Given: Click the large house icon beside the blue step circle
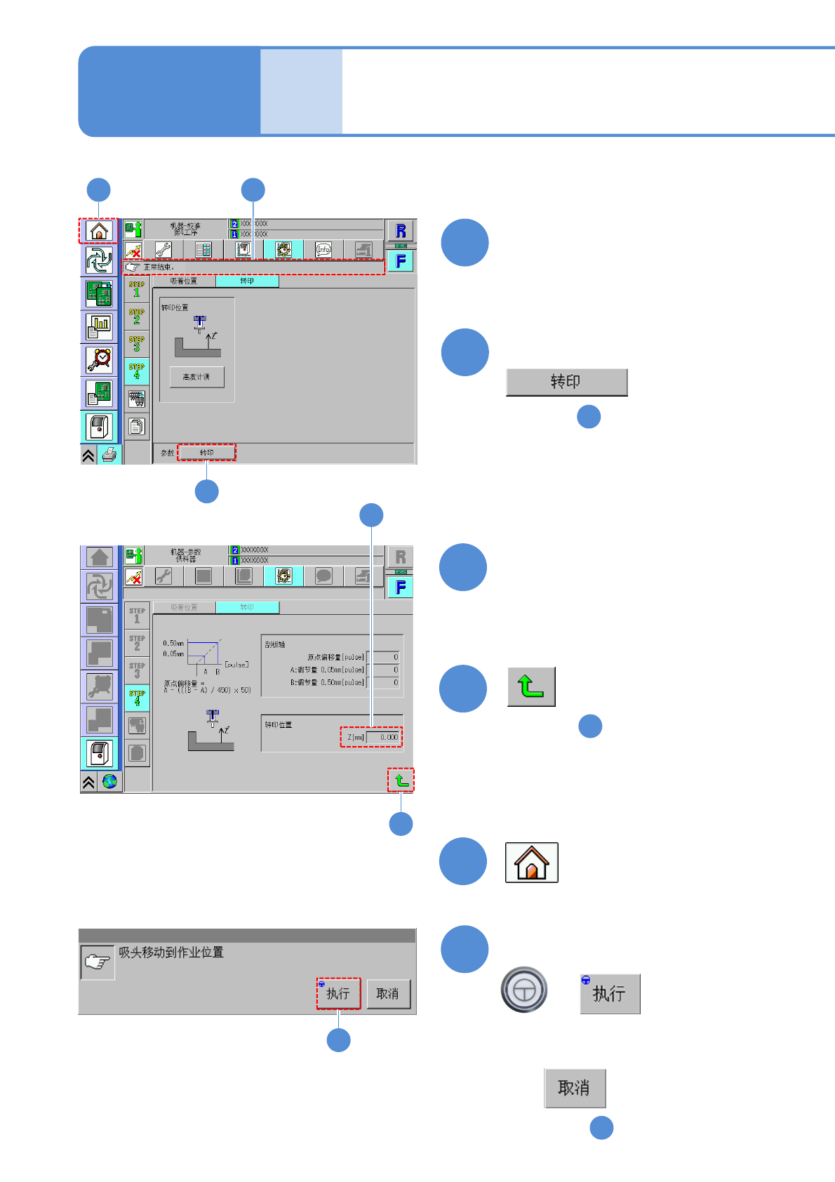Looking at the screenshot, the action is pos(531,862).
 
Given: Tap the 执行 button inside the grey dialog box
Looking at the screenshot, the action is pos(338,993).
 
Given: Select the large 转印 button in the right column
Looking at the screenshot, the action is pos(566,382).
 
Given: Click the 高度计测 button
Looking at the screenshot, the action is pos(196,377).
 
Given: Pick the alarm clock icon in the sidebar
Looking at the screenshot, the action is pos(99,359).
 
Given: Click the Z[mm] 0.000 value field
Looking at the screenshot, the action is pos(383,737).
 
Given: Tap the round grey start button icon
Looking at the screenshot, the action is pos(523,990).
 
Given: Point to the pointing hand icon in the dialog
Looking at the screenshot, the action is pos(98,962).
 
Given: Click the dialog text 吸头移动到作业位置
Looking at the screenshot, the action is pos(171,952).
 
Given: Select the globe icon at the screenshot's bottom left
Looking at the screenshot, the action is pos(109,781).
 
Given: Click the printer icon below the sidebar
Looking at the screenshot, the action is pos(109,455).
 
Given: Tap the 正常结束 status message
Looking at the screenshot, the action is pos(159,267).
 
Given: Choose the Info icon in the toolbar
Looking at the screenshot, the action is pos(323,249).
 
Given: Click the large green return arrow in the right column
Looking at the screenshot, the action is pos(531,686).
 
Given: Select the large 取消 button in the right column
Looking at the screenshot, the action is pos(575,1088).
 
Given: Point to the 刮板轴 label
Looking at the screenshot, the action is pos(275,644).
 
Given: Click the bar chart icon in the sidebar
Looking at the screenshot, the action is pos(99,326).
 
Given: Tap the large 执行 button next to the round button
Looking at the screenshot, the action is pos(609,994).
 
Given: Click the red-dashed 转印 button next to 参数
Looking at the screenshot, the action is pos(206,453).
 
